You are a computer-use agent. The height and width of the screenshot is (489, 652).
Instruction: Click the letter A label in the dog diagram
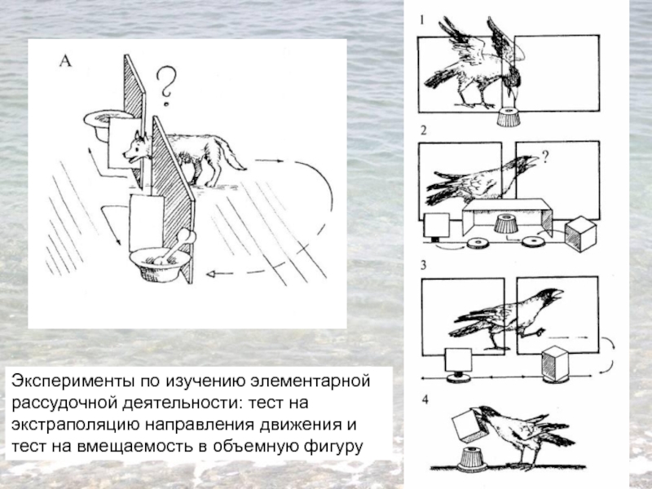66,61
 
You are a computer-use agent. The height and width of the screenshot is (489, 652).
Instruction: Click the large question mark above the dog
166,86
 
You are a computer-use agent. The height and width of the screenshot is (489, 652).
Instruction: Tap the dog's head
135,150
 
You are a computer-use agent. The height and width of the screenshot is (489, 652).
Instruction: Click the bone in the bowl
175,247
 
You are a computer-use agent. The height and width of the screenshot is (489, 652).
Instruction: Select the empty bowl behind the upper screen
104,124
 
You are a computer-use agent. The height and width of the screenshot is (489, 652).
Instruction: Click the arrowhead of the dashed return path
211,274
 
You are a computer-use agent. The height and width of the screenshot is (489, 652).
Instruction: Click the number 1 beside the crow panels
422,20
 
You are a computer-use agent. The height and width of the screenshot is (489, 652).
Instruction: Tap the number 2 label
423,130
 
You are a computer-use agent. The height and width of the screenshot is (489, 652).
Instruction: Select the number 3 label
423,266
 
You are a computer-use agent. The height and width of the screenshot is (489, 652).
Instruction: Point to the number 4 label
425,400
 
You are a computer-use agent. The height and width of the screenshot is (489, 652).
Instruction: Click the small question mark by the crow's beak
545,156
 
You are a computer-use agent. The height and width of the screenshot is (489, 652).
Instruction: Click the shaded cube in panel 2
580,234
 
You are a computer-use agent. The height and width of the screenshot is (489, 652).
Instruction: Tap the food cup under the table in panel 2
506,223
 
